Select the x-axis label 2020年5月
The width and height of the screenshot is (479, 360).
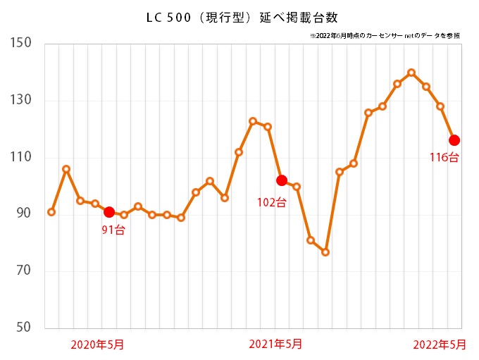click(98, 345)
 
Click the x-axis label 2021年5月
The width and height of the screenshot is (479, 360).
click(276, 345)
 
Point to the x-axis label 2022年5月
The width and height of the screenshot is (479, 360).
click(439, 345)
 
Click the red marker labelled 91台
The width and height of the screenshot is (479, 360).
click(109, 212)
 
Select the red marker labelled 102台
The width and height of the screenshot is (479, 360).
click(282, 180)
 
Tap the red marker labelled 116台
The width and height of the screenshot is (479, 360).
click(454, 140)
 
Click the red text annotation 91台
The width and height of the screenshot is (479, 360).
click(113, 230)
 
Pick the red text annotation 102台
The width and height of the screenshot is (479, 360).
click(271, 203)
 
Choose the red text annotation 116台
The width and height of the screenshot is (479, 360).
click(444, 157)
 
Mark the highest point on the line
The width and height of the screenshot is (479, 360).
click(411, 73)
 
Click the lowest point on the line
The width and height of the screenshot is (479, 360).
click(325, 252)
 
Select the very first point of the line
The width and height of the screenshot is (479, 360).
click(51, 212)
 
